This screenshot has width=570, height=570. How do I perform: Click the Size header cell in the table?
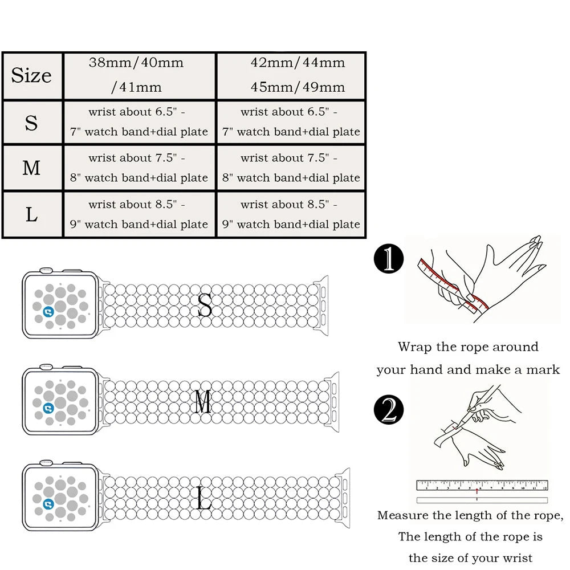(x=32, y=76)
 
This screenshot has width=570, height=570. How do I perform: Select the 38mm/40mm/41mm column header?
(x=137, y=75)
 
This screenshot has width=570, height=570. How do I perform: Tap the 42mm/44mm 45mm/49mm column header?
(x=291, y=75)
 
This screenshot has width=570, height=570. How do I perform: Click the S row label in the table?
(x=32, y=122)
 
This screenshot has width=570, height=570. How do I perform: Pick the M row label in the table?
(x=32, y=168)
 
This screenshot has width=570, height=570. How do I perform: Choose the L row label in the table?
(x=32, y=215)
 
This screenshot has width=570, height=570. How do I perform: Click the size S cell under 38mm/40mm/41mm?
(x=139, y=122)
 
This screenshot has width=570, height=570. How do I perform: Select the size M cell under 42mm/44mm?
(x=291, y=168)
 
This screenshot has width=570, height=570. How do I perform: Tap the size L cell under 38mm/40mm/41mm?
(x=139, y=215)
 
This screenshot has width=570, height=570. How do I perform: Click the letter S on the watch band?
(x=205, y=306)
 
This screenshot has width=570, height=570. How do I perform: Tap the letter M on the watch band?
(x=203, y=402)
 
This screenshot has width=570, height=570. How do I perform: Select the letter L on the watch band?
(x=203, y=497)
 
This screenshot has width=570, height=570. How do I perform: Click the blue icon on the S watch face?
(x=48, y=311)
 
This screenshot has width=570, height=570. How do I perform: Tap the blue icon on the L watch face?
(x=48, y=503)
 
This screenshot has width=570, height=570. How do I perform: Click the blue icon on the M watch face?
(x=48, y=407)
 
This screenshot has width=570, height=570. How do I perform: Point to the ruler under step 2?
(x=482, y=486)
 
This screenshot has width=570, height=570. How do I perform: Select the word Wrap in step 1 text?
(x=413, y=347)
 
